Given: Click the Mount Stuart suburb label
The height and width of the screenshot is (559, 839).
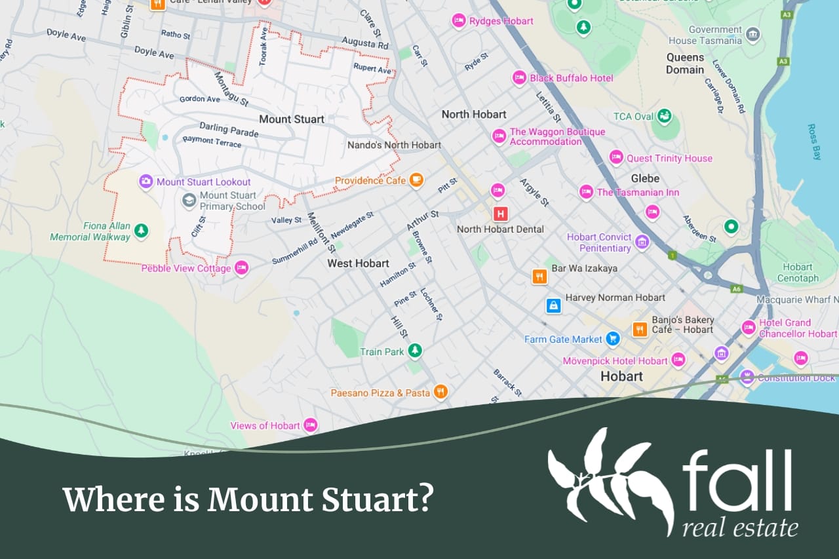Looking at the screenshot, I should point(292,119).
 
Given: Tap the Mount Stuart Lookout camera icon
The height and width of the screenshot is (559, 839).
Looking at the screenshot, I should point(146,182).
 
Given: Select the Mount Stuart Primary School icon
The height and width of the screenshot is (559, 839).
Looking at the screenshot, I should point(189,201).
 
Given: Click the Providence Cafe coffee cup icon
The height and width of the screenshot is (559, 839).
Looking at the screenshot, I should point(416,180).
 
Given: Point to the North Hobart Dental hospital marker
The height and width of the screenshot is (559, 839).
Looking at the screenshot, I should point(501,214).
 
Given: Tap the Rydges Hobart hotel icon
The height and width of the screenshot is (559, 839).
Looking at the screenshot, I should point(459,22).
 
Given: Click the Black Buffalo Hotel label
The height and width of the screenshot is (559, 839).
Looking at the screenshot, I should point(572,78).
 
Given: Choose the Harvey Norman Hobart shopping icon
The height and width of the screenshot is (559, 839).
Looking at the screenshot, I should point(554,305).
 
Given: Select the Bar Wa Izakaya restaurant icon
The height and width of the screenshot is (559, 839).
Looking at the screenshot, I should point(539,276).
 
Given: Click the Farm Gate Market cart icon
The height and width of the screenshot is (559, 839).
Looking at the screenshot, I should point(613,339).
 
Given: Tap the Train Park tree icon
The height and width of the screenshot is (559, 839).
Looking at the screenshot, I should point(414,351).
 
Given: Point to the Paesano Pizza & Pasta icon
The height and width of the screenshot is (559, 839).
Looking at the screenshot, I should point(441,392).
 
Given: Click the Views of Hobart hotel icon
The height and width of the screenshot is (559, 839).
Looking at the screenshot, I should point(310,425).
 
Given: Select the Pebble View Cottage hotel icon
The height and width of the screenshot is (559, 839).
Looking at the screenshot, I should point(241,267).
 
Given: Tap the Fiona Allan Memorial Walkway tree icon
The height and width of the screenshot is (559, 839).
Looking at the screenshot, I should point(141,231).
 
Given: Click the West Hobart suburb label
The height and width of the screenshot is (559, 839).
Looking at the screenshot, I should point(358,263).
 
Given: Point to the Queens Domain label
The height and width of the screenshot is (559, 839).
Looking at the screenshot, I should point(685,64).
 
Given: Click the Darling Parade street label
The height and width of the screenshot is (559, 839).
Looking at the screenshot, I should point(229,130).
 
